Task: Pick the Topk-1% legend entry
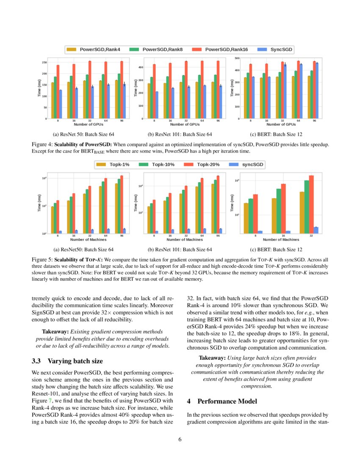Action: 113,164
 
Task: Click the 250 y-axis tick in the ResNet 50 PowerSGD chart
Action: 44,63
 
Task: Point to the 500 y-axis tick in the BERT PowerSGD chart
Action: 237,58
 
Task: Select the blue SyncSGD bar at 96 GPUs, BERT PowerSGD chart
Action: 317,91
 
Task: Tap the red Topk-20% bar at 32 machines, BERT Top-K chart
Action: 311,204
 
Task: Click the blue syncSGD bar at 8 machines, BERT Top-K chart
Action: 260,232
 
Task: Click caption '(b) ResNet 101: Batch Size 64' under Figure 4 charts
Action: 180,135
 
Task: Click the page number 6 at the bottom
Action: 180,439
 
